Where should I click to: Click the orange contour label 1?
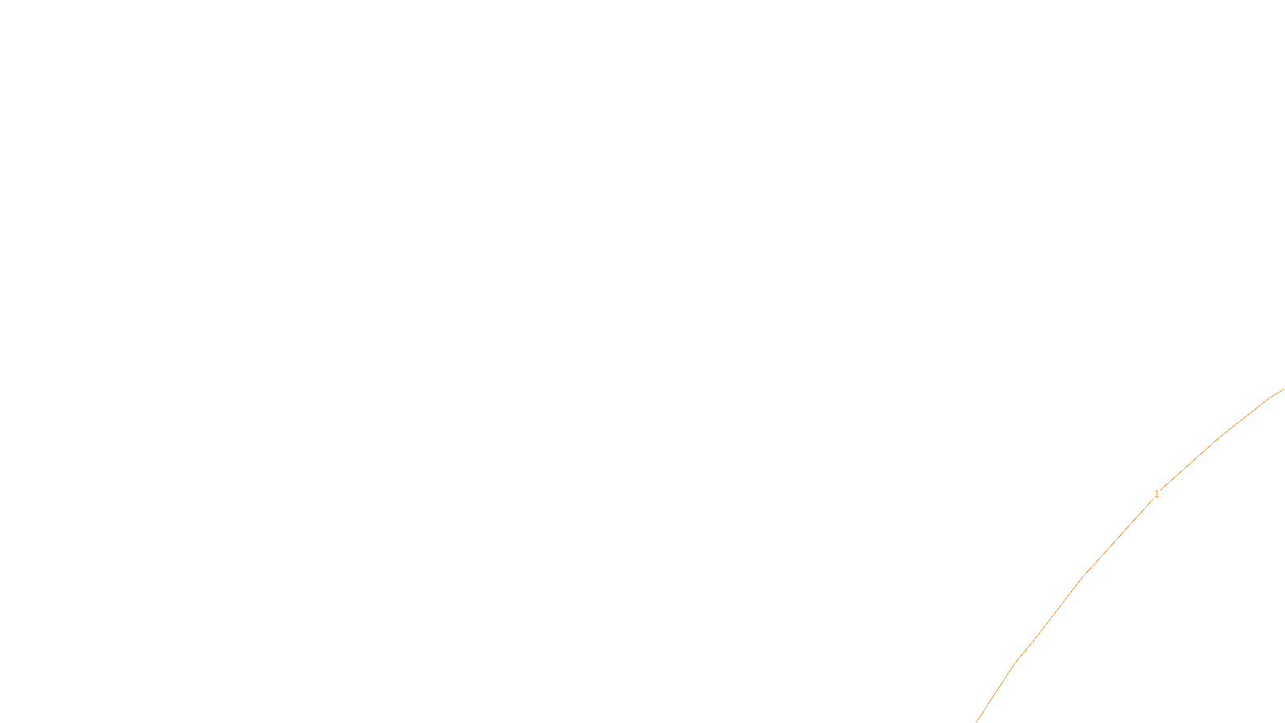(1156, 494)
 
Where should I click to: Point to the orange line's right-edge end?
(1283, 390)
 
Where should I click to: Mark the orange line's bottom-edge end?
(977, 721)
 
